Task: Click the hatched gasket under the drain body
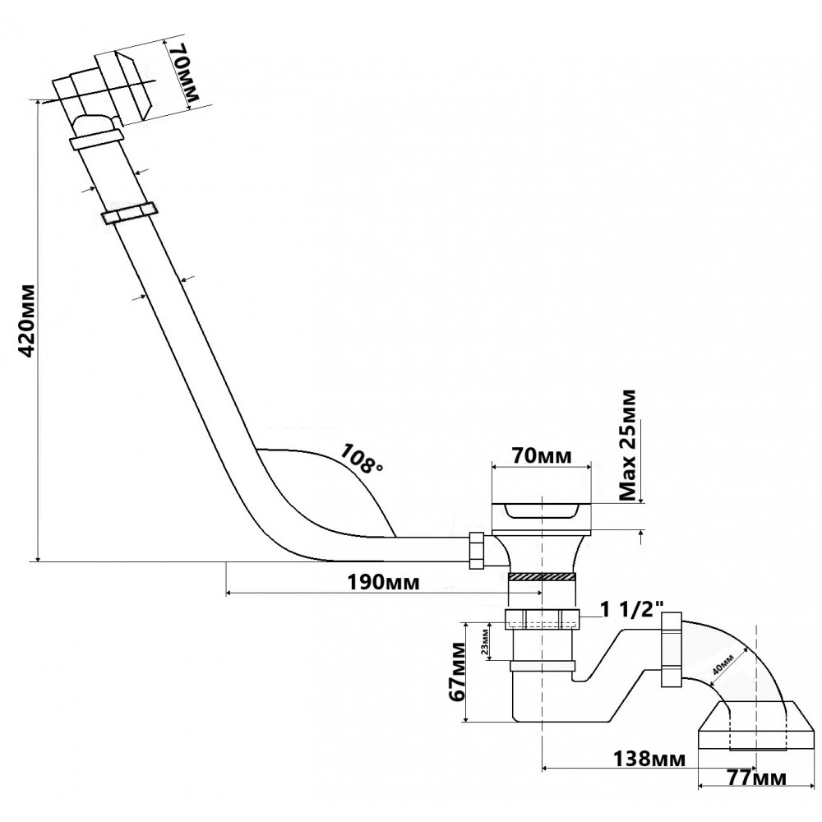[x=540, y=577]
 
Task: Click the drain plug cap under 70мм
[x=540, y=511]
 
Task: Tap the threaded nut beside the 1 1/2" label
[x=542, y=619]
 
